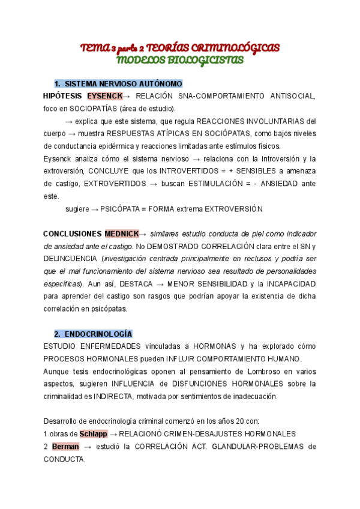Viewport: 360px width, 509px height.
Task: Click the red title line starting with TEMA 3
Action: point(180,47)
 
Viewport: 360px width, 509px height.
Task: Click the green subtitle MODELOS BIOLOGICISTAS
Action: point(180,59)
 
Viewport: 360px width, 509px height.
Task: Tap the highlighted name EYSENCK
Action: point(104,96)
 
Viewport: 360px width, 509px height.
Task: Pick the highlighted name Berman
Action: point(65,447)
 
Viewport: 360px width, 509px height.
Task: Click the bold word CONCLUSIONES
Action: point(73,233)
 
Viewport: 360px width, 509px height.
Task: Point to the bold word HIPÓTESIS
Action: point(64,96)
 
